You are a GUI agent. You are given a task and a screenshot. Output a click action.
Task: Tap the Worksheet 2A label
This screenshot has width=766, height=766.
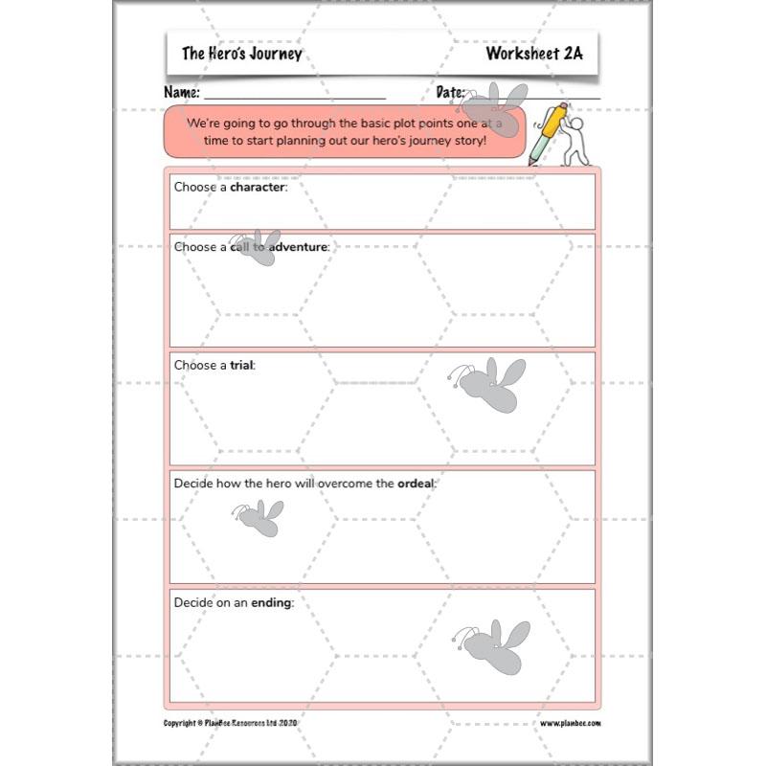tap(533, 54)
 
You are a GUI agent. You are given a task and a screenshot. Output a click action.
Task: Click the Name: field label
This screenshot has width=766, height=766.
tap(182, 93)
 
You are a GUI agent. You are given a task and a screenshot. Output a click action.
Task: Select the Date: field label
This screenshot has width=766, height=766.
tap(450, 93)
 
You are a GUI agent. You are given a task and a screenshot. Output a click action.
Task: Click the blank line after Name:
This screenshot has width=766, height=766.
tap(294, 97)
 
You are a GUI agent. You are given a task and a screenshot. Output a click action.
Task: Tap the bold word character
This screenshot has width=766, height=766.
tap(258, 187)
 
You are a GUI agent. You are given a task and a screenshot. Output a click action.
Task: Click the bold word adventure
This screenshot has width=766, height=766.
tap(298, 247)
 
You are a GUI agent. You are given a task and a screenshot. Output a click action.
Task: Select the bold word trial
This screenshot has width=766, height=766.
tap(241, 366)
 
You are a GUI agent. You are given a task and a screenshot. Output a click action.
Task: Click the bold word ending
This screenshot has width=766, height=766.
tap(271, 602)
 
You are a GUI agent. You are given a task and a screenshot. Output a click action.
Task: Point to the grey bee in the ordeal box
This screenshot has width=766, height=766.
tap(259, 517)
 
